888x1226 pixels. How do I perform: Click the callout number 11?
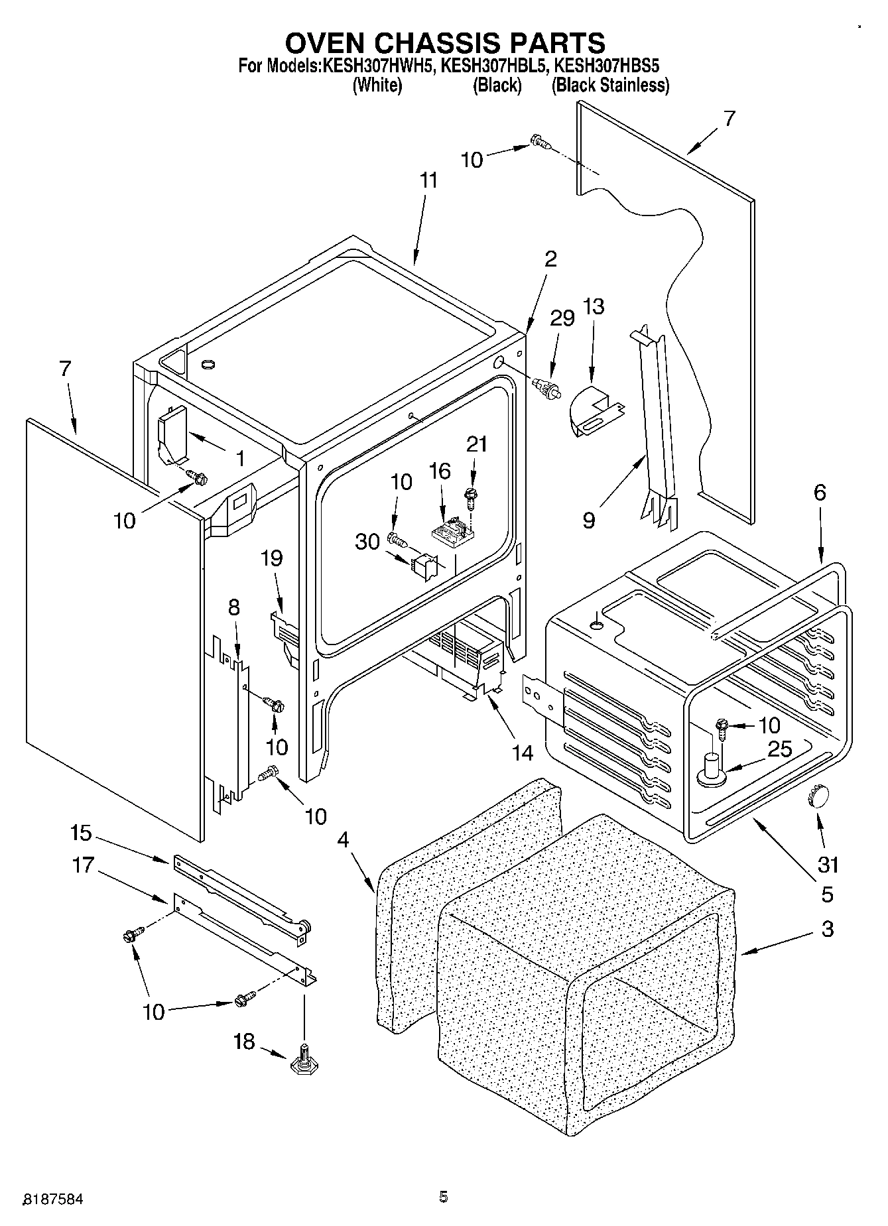pyautogui.click(x=429, y=181)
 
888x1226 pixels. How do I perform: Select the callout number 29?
pyautogui.click(x=562, y=318)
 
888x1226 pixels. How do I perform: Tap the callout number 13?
pyautogui.click(x=594, y=306)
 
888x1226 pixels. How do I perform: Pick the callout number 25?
pyautogui.click(x=779, y=749)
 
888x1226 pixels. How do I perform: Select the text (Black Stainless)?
pyautogui.click(x=610, y=86)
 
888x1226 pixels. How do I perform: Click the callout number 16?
pyautogui.click(x=439, y=471)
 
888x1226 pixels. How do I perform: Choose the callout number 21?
pyautogui.click(x=476, y=444)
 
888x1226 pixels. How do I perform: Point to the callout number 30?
pyautogui.click(x=367, y=542)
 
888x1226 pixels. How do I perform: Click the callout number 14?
pyautogui.click(x=522, y=753)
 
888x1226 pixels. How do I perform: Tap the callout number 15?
pyautogui.click(x=83, y=833)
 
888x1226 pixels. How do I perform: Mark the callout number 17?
pyautogui.click(x=83, y=865)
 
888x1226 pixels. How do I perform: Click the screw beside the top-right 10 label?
pyautogui.click(x=540, y=141)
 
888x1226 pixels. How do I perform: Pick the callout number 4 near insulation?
pyautogui.click(x=342, y=839)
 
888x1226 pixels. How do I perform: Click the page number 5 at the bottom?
pyautogui.click(x=443, y=1197)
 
